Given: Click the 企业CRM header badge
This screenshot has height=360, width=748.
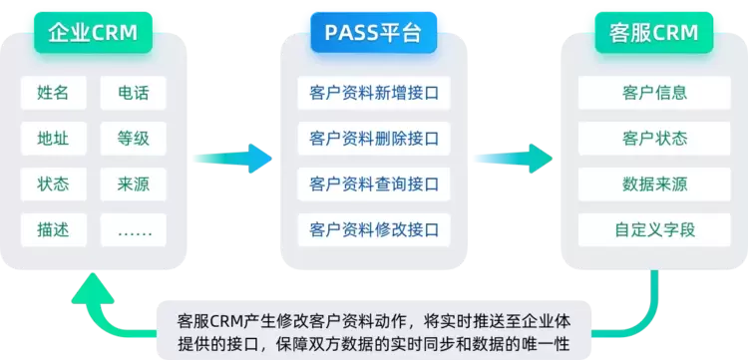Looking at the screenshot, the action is [x=93, y=33].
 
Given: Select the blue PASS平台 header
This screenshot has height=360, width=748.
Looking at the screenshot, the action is [x=374, y=33].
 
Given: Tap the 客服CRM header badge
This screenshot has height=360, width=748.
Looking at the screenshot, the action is [x=654, y=33].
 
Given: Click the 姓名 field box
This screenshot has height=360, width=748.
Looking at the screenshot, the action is [x=54, y=93].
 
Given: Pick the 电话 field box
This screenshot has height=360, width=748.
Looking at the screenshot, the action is [x=133, y=93].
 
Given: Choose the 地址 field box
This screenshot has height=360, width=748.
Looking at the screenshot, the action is [x=54, y=139].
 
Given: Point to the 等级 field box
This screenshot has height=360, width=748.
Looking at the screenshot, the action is [x=133, y=139].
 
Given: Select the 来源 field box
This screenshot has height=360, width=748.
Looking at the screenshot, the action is [x=133, y=184].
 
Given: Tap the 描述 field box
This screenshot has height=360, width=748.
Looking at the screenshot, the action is [x=54, y=229].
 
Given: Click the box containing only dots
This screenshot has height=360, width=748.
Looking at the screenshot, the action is [x=133, y=229].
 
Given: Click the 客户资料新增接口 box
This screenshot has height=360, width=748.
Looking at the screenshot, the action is [x=374, y=93].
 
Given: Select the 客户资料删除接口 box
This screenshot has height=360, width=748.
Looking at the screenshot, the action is [x=374, y=139].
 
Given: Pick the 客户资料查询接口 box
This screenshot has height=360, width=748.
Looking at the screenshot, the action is [x=374, y=184].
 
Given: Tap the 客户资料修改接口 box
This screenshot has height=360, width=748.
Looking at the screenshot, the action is [x=374, y=229].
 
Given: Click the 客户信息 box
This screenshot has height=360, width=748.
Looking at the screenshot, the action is [x=654, y=93].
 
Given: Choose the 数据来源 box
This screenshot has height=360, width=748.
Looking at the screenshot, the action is [x=654, y=184].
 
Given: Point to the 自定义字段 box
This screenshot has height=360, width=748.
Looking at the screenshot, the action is [x=654, y=229].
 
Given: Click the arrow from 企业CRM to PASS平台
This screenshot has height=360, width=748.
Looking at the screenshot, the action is [x=232, y=159].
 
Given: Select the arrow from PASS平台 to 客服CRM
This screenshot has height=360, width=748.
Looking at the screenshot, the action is [x=514, y=159].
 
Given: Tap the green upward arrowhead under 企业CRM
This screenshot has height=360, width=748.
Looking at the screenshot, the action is [x=93, y=289].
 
